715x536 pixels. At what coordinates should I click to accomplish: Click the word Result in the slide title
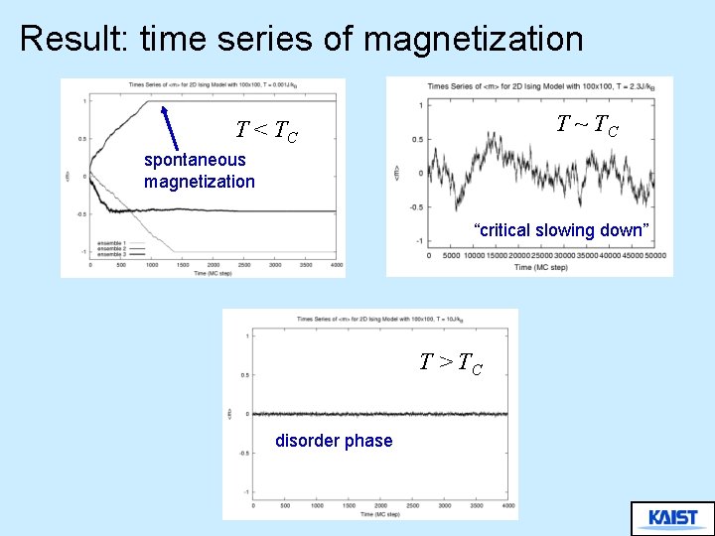(74, 39)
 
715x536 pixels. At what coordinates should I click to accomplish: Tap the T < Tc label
(266, 130)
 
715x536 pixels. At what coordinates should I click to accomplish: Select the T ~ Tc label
(588, 125)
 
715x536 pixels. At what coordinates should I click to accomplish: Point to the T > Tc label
(451, 363)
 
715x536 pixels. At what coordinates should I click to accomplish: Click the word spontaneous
(195, 160)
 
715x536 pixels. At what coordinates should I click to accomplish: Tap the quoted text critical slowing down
(561, 230)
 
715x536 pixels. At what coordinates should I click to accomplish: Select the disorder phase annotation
(334, 441)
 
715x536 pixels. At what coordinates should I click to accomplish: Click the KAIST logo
(672, 518)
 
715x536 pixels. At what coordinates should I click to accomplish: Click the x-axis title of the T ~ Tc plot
(542, 267)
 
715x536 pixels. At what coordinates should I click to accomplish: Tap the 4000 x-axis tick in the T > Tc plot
(507, 506)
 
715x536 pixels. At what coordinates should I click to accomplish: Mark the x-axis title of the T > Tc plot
(379, 514)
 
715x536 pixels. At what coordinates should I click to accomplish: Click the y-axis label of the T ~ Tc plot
(396, 173)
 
